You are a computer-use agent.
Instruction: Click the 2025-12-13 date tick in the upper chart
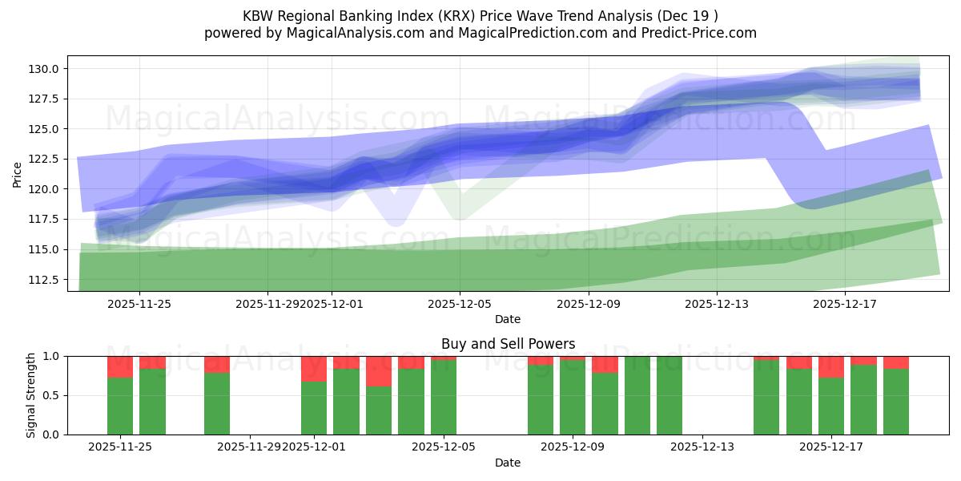point(716,304)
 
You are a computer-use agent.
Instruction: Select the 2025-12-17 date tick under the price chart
point(846,304)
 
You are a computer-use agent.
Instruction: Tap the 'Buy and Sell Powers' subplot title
point(508,345)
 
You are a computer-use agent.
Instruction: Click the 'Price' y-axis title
point(18,174)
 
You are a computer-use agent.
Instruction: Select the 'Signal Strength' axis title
point(31,395)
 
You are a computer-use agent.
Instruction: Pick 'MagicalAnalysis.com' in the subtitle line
point(348,33)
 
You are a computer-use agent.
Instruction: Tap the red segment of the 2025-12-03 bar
point(379,371)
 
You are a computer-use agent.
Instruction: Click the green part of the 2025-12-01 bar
point(314,408)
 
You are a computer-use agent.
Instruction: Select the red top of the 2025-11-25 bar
point(120,366)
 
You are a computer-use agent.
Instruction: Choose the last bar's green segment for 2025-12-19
point(895,402)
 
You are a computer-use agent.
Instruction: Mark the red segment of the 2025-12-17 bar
point(831,366)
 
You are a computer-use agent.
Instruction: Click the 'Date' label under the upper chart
point(508,319)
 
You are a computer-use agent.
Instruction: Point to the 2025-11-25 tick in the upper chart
point(139,304)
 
